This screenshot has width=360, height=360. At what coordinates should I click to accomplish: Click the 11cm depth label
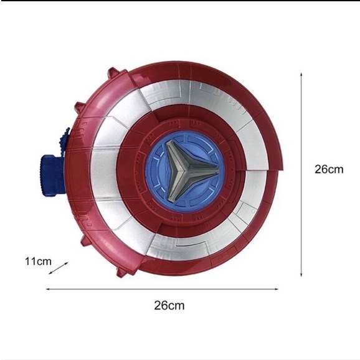tap(39, 261)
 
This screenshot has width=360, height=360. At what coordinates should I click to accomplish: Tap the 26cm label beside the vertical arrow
tap(329, 169)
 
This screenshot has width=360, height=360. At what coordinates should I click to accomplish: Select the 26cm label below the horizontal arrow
tap(169, 305)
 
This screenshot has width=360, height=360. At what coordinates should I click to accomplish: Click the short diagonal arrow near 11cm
tap(59, 268)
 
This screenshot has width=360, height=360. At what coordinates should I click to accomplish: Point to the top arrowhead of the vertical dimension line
tap(301, 74)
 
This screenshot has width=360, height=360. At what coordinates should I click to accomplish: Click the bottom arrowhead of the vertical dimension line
tap(301, 275)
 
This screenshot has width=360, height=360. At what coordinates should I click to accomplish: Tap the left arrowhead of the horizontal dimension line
tap(48, 289)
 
